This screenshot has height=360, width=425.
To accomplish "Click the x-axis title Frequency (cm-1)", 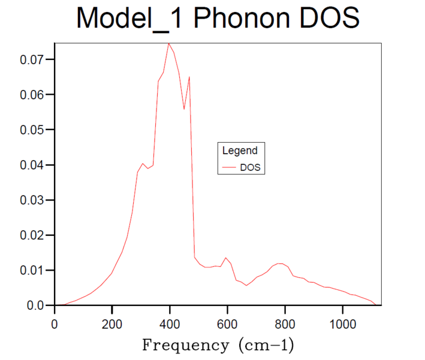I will [218, 346].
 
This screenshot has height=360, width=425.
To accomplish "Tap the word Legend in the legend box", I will [240, 151].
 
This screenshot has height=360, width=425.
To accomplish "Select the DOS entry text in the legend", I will [251, 167].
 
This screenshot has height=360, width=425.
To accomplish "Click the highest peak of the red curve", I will [169, 43].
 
